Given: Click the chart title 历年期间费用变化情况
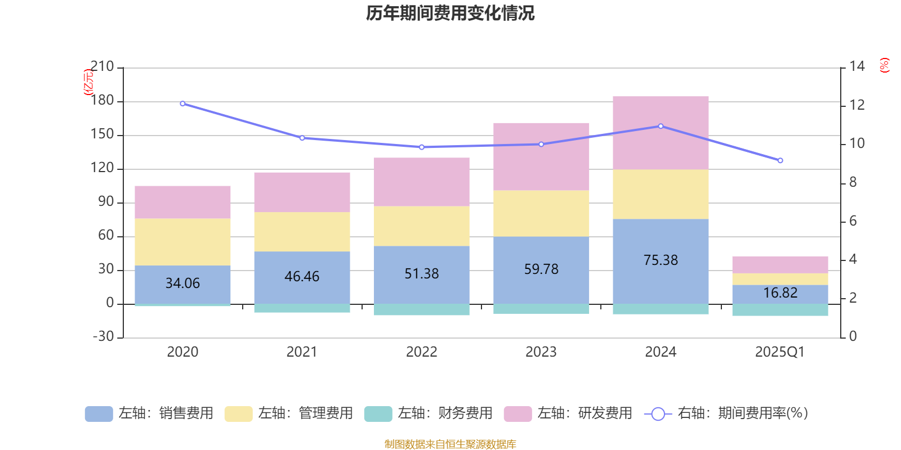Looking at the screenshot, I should tap(450, 13).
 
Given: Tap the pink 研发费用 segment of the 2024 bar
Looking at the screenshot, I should tap(661, 133).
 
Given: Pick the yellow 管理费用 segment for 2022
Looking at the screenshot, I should tap(421, 226).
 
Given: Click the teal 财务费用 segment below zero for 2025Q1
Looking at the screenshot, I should tap(780, 310).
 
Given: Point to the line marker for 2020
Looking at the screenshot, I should tap(182, 103).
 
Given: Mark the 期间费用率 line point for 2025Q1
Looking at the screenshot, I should tap(780, 161).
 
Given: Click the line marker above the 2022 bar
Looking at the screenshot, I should tap(421, 147).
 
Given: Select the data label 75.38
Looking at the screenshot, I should tap(661, 260).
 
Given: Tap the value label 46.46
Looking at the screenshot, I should tap(302, 277).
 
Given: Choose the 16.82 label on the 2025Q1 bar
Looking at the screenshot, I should tap(780, 293).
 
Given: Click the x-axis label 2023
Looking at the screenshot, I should tap(541, 352).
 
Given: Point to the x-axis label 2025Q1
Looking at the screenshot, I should tap(780, 352).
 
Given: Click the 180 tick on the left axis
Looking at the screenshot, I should tap(102, 101).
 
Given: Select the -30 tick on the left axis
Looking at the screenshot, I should tap(102, 336).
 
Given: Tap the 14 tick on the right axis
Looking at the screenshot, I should tap(857, 66).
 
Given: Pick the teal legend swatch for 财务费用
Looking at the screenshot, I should tap(378, 414).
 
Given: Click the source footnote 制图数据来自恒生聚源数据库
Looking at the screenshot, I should tap(450, 444).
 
